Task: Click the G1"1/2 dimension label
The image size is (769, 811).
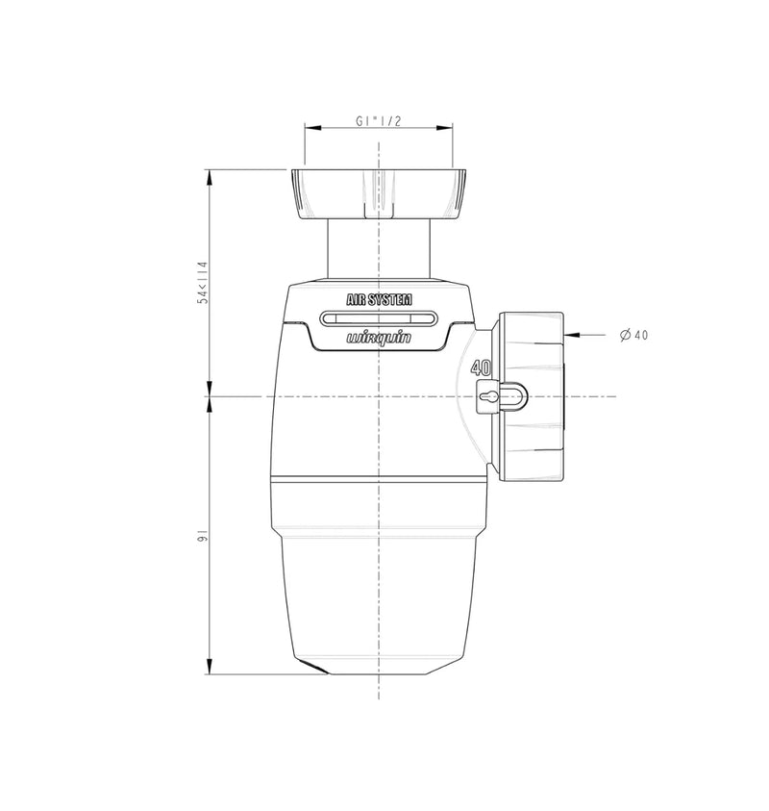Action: [379, 121]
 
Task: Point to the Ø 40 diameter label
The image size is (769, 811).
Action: [633, 335]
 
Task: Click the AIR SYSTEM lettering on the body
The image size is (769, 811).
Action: [379, 299]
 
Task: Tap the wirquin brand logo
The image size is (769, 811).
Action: [379, 338]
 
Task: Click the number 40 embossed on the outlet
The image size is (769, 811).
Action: [481, 367]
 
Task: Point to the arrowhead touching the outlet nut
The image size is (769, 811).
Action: [571, 335]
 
